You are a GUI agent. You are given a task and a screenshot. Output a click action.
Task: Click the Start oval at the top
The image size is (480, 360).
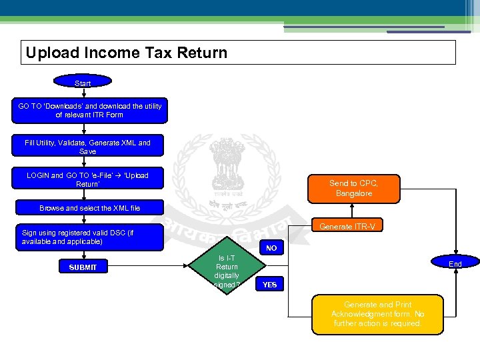pyautogui.click(x=83, y=82)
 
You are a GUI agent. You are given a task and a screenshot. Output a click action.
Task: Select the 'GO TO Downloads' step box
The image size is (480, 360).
pyautogui.click(x=89, y=111)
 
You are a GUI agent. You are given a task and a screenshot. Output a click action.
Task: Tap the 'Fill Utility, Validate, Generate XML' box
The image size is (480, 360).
pyautogui.click(x=87, y=147)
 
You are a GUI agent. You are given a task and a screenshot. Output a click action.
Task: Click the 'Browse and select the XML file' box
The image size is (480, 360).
pyautogui.click(x=89, y=208)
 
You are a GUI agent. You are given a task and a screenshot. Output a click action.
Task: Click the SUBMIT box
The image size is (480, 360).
pyautogui.click(x=82, y=267)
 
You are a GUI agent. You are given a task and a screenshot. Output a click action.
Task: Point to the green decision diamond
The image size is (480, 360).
pyautogui.click(x=226, y=266)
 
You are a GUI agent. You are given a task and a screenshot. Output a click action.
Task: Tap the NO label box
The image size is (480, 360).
pyautogui.click(x=271, y=249)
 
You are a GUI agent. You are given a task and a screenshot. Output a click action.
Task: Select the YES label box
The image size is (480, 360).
pyautogui.click(x=270, y=285)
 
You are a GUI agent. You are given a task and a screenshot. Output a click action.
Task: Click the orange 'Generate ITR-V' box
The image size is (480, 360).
pyautogui.click(x=347, y=227)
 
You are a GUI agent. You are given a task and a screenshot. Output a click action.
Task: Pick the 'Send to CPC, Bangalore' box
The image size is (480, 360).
pyautogui.click(x=354, y=188)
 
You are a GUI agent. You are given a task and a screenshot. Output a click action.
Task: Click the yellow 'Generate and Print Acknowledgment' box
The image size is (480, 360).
pyautogui.click(x=377, y=314)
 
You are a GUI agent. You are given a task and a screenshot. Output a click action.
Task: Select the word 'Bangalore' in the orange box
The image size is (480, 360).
pyautogui.click(x=354, y=193)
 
